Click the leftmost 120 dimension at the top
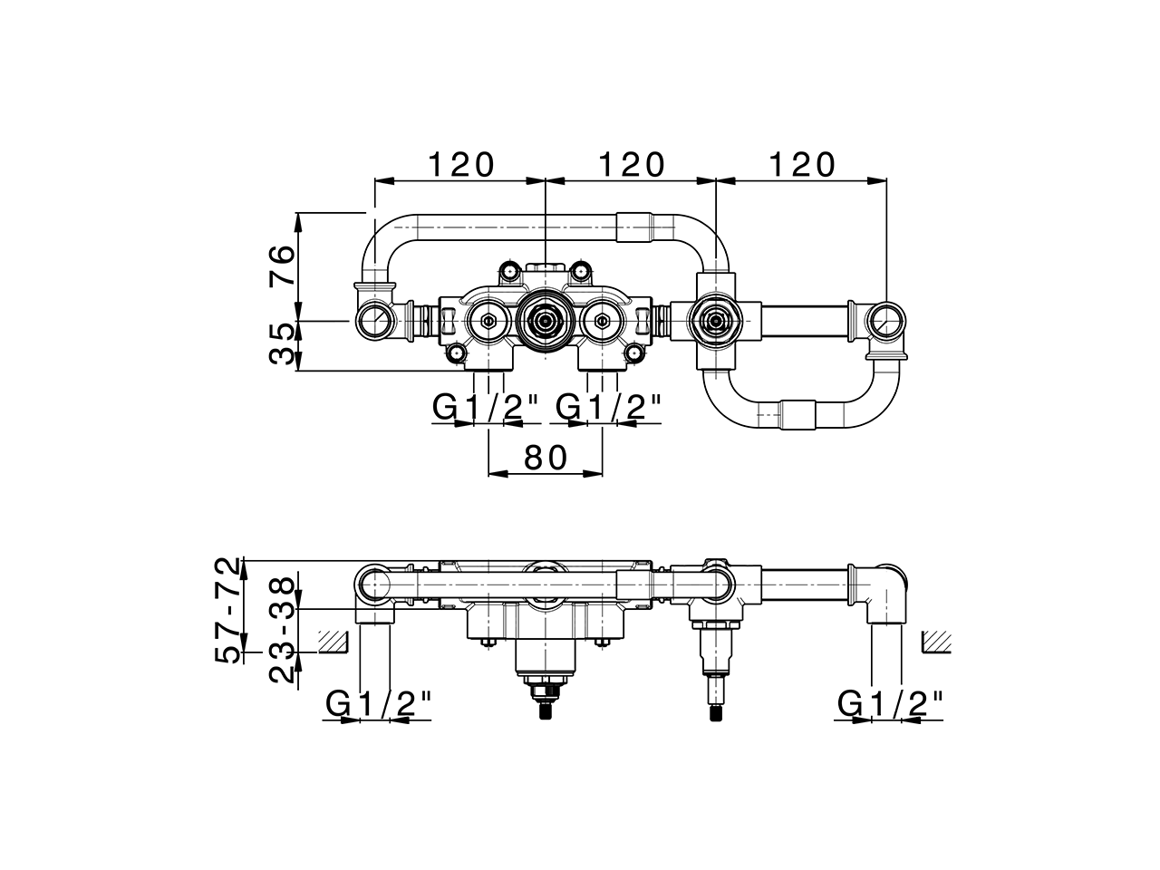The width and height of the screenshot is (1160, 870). (461, 165)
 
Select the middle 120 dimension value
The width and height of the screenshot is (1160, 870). (632, 165)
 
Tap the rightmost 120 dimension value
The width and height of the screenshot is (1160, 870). (801, 165)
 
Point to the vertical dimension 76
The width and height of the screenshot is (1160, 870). (282, 266)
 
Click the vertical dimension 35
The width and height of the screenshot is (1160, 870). (282, 344)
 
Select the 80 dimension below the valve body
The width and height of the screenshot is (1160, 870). (546, 458)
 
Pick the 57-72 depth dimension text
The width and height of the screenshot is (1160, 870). (230, 610)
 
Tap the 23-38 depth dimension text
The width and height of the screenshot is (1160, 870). (282, 629)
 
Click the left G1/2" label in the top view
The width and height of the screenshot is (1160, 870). (486, 409)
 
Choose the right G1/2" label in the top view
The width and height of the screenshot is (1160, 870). (608, 409)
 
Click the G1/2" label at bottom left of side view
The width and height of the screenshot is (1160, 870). (378, 703)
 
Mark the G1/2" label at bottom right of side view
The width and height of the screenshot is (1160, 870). (890, 703)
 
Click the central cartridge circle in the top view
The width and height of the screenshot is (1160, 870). (545, 320)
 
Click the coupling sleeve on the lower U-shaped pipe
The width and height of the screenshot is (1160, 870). (797, 415)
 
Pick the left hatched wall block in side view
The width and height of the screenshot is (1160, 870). (333, 642)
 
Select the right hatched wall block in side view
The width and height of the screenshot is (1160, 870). (936, 642)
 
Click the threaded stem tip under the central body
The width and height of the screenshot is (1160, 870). (545, 712)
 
